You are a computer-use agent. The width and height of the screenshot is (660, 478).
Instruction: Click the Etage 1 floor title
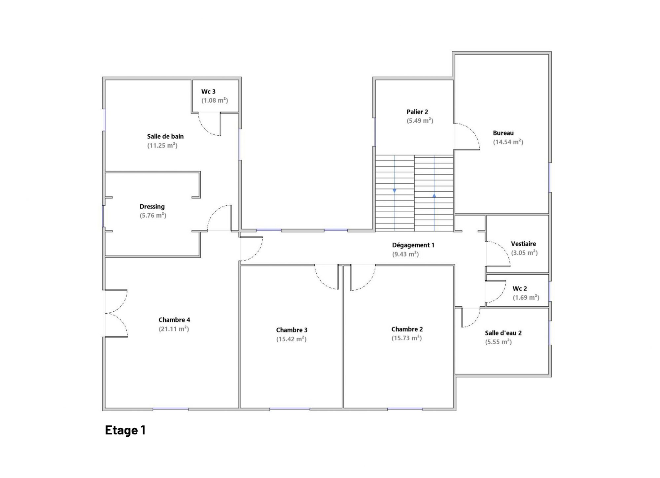(x=125, y=430)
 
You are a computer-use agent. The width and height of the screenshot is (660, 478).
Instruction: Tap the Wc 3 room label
(x=208, y=91)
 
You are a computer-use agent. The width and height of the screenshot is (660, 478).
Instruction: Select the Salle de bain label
(x=165, y=136)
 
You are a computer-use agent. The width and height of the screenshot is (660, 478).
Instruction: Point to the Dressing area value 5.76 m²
(x=153, y=216)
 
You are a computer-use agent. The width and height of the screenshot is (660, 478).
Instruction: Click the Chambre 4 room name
(x=174, y=320)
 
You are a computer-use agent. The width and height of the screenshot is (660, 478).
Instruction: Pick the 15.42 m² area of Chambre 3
(x=292, y=339)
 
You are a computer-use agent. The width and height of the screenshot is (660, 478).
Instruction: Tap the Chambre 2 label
(x=407, y=329)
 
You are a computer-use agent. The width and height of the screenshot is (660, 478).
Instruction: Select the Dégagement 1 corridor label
(x=413, y=245)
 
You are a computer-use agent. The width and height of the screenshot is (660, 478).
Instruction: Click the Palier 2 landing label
(x=417, y=112)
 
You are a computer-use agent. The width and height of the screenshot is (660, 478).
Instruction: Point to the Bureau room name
(x=504, y=133)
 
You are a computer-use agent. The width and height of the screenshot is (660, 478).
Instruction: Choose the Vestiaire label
(x=524, y=244)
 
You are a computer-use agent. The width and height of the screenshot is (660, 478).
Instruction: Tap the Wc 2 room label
(x=520, y=289)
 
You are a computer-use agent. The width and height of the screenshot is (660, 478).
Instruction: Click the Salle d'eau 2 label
(x=504, y=333)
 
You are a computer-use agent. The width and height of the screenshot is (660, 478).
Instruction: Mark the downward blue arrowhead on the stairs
(x=395, y=191)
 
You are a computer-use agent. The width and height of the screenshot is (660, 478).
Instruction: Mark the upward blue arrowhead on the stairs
(x=434, y=195)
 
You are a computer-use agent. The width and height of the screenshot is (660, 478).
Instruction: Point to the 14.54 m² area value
(x=508, y=142)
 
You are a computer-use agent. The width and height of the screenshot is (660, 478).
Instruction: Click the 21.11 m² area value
(x=174, y=329)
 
